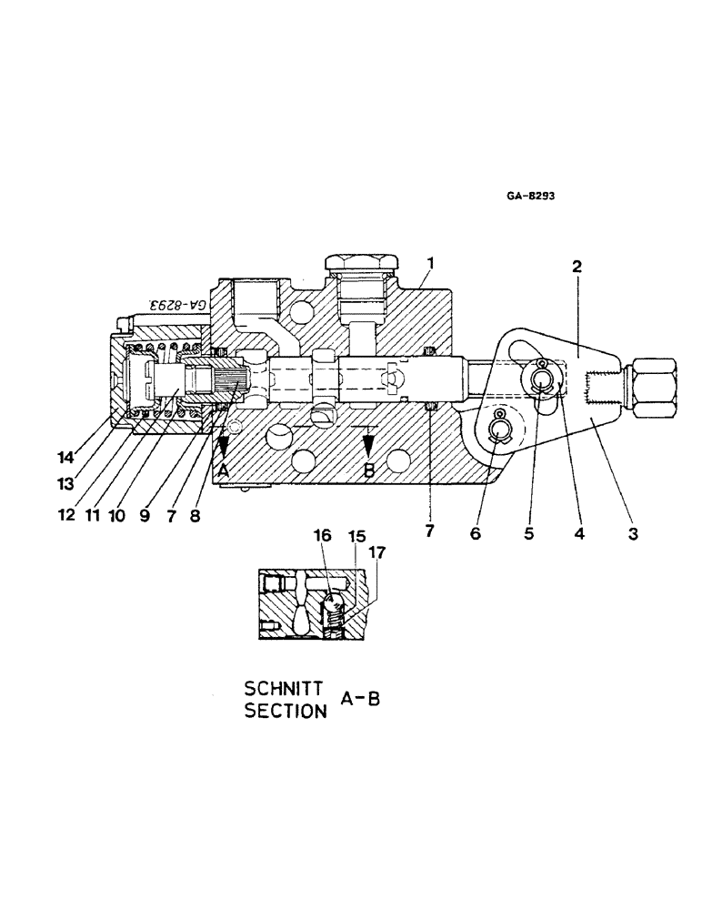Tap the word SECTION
(x=285, y=712)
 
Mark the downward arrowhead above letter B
(x=368, y=445)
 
